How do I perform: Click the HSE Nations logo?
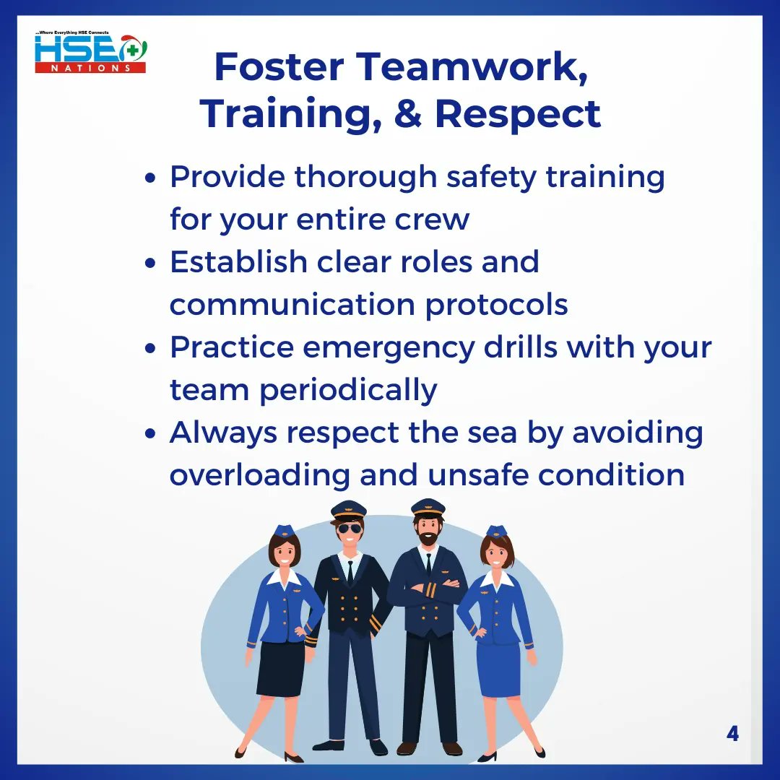[90, 53]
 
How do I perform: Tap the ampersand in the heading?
[409, 113]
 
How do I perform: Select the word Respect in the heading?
[517, 113]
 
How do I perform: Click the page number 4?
[732, 734]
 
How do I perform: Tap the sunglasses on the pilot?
[349, 529]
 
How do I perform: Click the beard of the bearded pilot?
[428, 538]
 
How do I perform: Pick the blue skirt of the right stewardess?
[498, 669]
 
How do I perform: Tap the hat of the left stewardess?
[285, 531]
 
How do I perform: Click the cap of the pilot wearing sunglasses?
[349, 510]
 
